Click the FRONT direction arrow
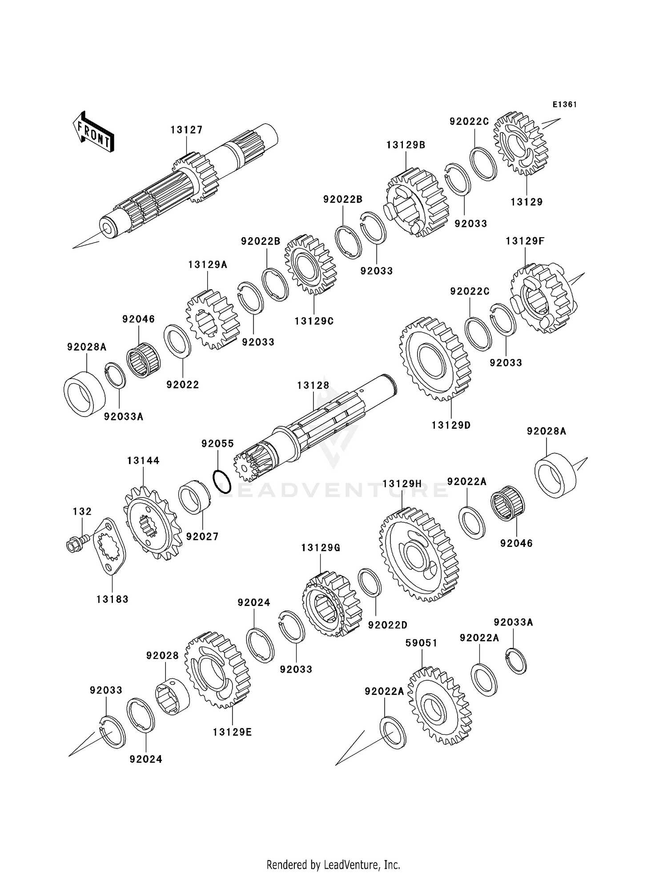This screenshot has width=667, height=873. click(x=93, y=133)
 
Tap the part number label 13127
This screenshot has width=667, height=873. click(x=186, y=129)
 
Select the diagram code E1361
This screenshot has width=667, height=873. click(x=564, y=105)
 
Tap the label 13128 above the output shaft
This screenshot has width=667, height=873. click(x=313, y=385)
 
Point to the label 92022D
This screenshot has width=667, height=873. click(x=387, y=625)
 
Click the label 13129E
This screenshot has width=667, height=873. click(x=232, y=732)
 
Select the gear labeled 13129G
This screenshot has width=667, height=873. click(x=331, y=603)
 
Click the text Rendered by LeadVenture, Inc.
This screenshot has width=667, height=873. click(x=333, y=865)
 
